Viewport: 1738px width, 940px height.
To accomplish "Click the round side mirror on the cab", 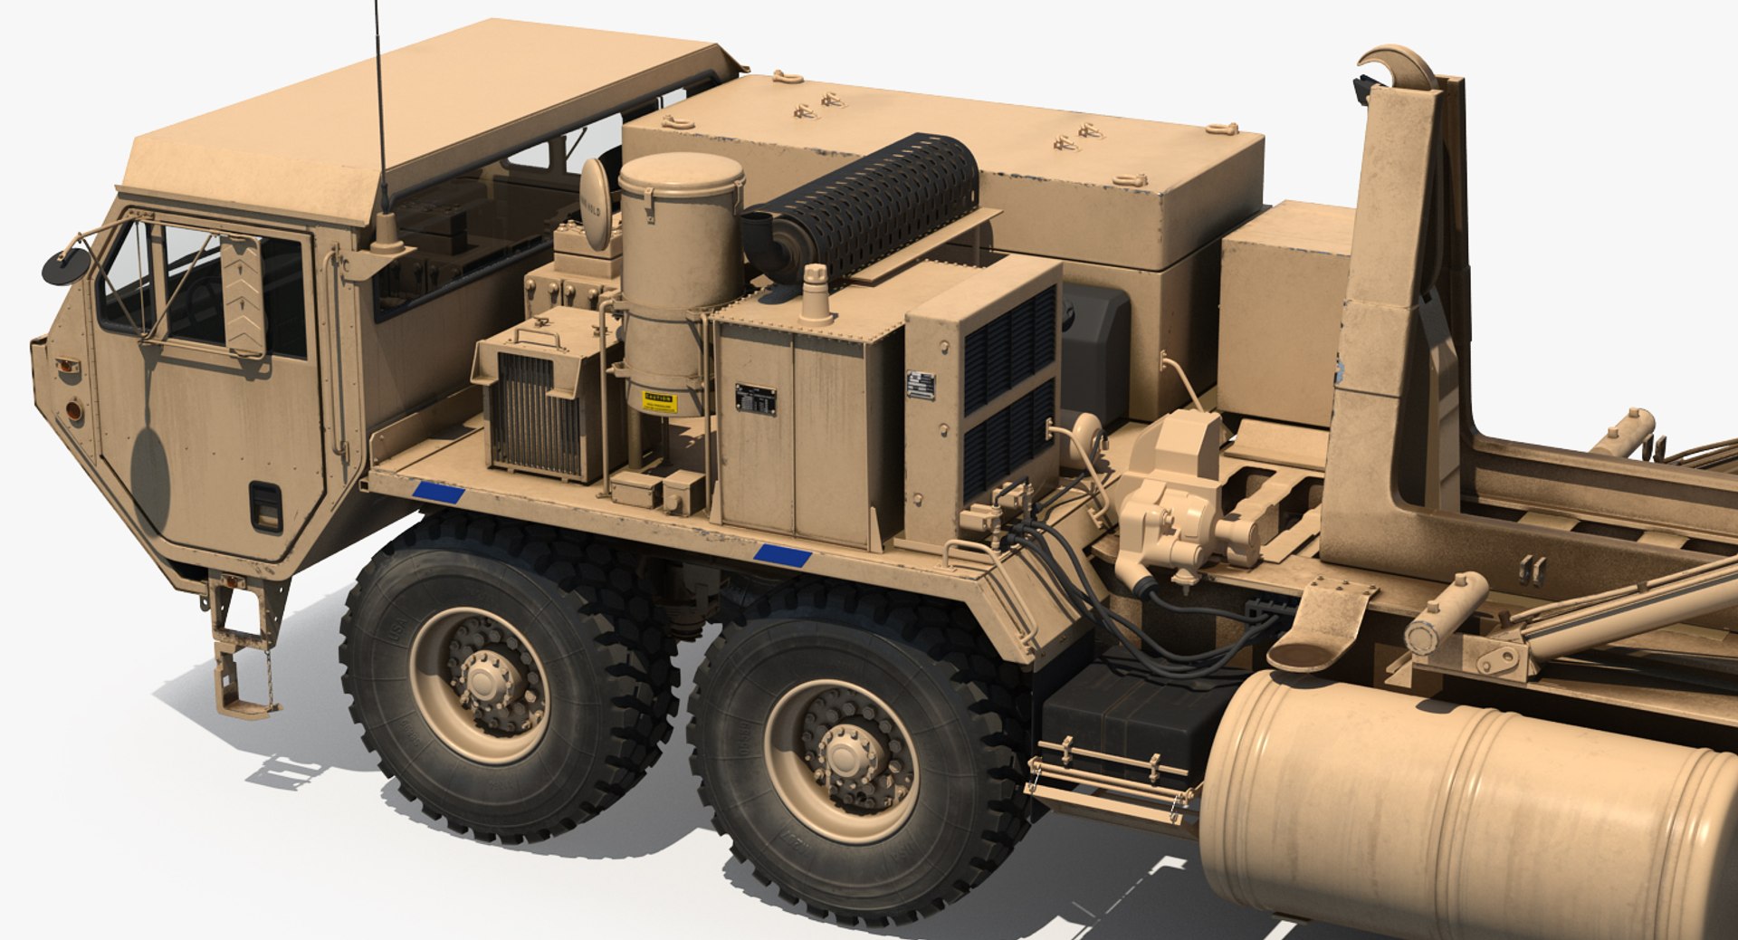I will tap(64, 266).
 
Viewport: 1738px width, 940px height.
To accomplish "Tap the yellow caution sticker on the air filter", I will tap(660, 401).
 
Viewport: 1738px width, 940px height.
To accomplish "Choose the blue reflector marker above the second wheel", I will tap(782, 555).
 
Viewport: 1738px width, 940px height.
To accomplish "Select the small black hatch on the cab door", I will tap(266, 507).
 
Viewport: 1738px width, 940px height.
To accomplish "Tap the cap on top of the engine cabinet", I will tap(816, 292).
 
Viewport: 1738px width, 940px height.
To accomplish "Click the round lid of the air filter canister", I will tap(681, 170).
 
